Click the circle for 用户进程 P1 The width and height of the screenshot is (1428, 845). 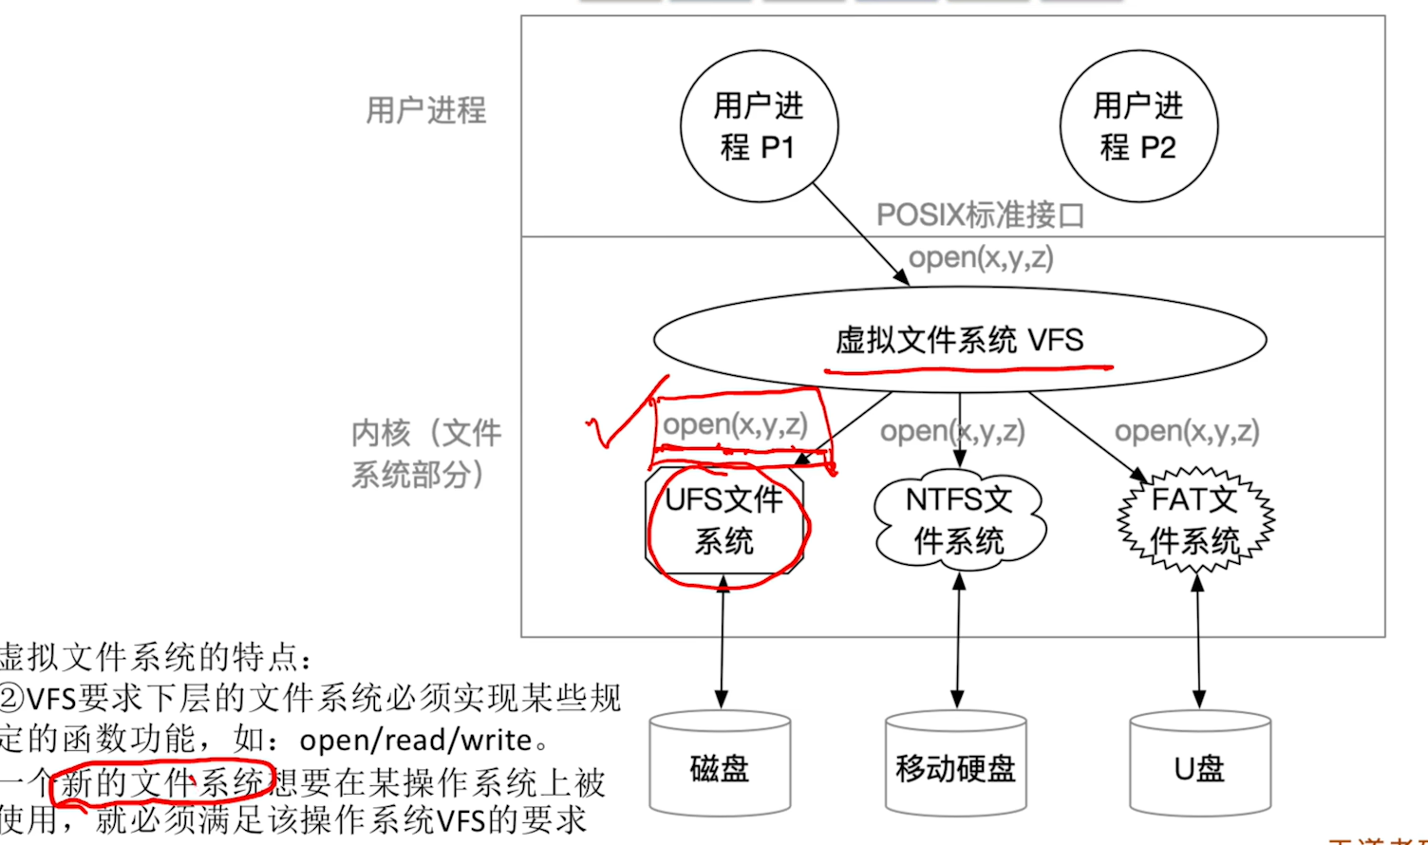[759, 125]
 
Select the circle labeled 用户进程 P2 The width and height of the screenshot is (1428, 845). [1138, 125]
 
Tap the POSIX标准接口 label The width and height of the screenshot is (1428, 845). [979, 216]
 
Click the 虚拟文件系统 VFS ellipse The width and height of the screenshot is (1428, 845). [959, 340]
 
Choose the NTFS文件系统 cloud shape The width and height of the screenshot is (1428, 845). [959, 521]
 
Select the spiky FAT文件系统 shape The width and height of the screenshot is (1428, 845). [1195, 521]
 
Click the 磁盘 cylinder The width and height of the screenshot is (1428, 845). [721, 767]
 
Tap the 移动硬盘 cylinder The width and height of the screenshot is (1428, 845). [956, 767]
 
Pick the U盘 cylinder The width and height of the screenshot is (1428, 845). [1200, 767]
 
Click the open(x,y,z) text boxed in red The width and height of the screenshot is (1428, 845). [735, 424]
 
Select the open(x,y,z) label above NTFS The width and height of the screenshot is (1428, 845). [952, 431]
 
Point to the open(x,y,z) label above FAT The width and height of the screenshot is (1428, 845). [1187, 431]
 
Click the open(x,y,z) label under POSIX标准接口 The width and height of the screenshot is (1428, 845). [981, 257]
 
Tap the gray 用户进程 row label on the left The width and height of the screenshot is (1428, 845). [426, 110]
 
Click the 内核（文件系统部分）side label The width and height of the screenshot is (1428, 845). [425, 453]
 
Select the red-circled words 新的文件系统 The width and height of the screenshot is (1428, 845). [161, 783]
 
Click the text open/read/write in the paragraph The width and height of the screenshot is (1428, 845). [416, 740]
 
